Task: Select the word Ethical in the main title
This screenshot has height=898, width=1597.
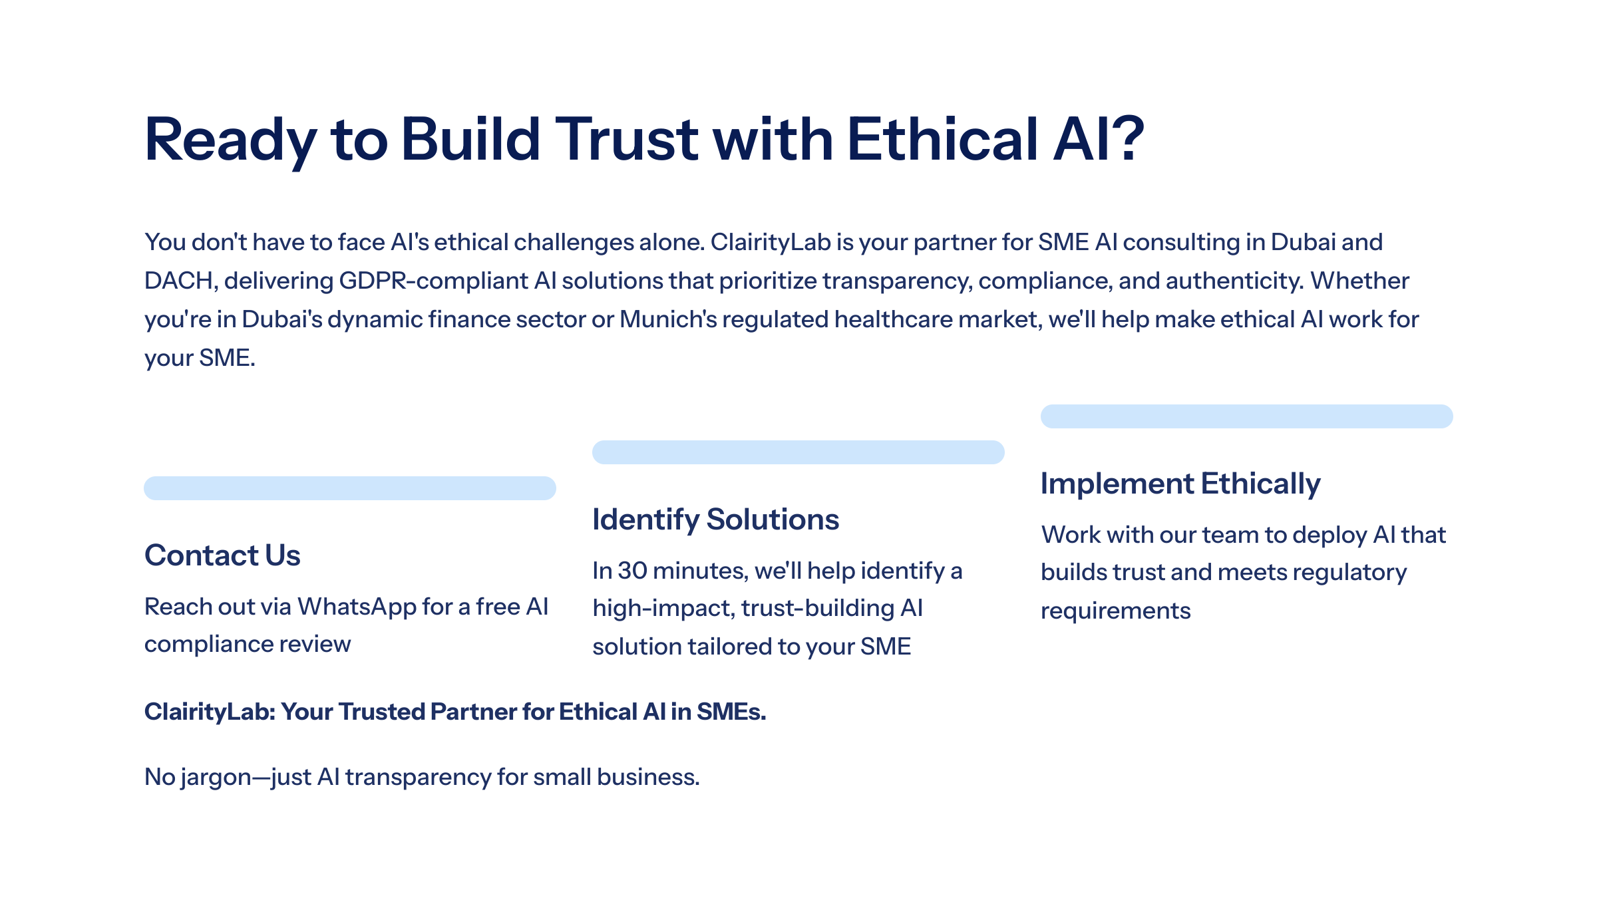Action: tap(942, 139)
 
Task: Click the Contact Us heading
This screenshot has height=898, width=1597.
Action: tap(222, 555)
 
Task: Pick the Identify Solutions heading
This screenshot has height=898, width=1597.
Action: tap(715, 519)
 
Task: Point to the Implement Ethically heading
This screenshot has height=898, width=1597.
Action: tap(1180, 484)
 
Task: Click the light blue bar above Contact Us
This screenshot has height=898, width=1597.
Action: tap(350, 488)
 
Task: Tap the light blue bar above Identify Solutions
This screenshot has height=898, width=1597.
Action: tap(798, 452)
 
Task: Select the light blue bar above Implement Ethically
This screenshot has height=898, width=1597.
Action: tap(1247, 416)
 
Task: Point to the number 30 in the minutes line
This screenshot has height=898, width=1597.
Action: tap(632, 571)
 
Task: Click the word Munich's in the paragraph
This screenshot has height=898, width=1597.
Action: tap(668, 319)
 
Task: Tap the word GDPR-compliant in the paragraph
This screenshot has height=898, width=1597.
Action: tap(435, 281)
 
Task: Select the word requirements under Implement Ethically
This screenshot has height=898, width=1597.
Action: tap(1116, 611)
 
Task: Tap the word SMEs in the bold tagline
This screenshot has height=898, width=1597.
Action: tap(731, 712)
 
